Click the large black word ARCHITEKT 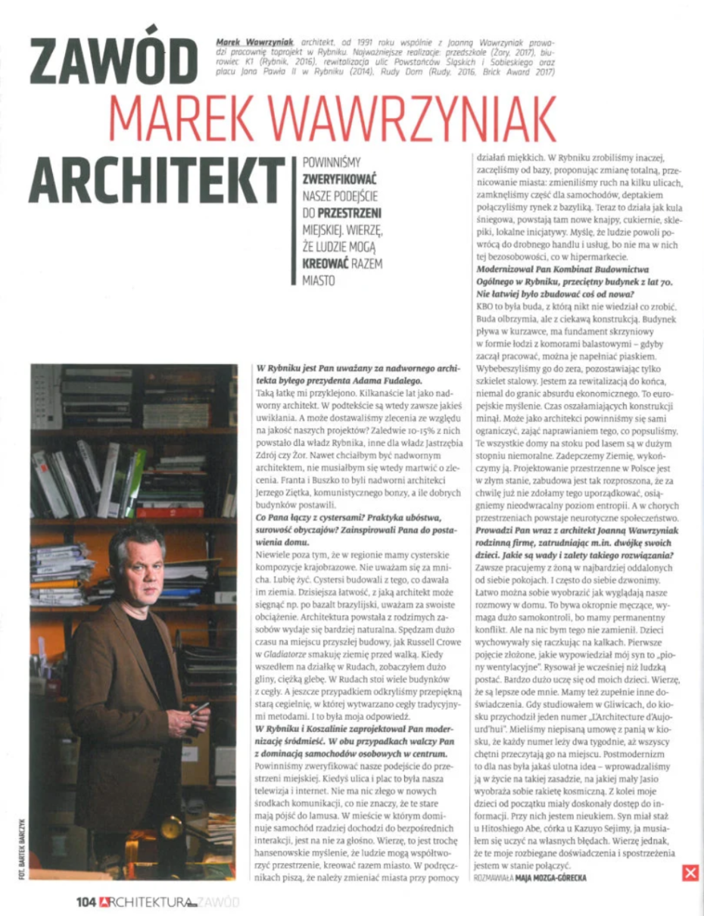tap(143, 176)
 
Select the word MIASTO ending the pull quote tap(318, 281)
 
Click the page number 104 tap(86, 901)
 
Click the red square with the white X tap(690, 873)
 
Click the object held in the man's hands tap(199, 710)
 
